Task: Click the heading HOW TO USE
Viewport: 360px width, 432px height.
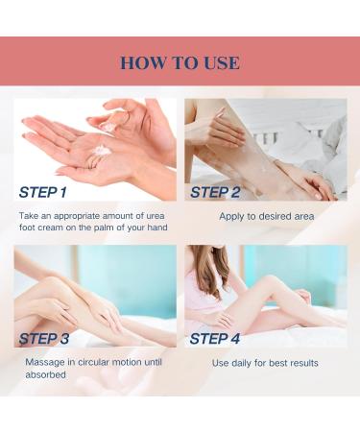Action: [x=180, y=62]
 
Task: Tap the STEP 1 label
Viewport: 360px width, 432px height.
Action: [x=43, y=192]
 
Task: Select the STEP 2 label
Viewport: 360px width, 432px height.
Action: [x=215, y=192]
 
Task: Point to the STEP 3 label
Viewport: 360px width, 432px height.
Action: [x=44, y=339]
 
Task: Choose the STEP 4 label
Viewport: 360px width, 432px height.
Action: [x=215, y=339]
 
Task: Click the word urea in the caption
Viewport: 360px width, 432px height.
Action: [x=156, y=216]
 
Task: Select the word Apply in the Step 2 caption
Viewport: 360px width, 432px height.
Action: [x=230, y=217]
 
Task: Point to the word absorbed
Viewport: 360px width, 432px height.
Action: [x=45, y=374]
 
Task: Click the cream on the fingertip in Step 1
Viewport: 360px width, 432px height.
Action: [x=108, y=126]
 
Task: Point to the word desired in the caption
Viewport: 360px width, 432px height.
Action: [x=276, y=216]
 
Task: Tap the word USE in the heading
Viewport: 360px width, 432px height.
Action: [x=222, y=62]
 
